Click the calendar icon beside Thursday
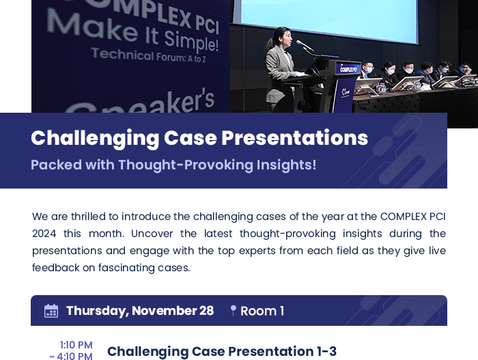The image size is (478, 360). point(51,311)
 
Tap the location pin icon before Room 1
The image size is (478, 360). point(234,311)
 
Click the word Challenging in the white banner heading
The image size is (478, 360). point(95,139)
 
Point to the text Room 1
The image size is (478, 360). point(262,311)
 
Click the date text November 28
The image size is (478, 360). point(173,311)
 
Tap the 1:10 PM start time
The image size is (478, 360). point(76,345)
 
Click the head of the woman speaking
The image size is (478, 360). point(282,37)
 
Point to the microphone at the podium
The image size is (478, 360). point(305,46)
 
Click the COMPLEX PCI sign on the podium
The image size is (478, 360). point(348,69)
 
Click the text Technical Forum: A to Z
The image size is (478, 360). point(148,55)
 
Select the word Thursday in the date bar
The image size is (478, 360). point(98,311)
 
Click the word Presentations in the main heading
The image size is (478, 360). point(295,138)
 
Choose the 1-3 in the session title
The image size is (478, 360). point(327,351)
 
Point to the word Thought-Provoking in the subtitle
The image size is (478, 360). point(185,165)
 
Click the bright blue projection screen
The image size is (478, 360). point(329,20)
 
